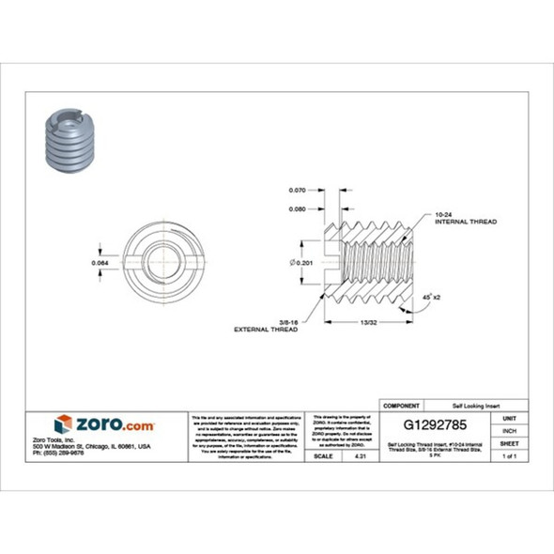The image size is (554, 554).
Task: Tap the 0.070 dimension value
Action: (x=299, y=191)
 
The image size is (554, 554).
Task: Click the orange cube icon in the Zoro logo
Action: (x=63, y=424)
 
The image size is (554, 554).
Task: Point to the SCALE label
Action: (x=326, y=455)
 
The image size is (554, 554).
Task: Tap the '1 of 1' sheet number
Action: (x=510, y=455)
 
